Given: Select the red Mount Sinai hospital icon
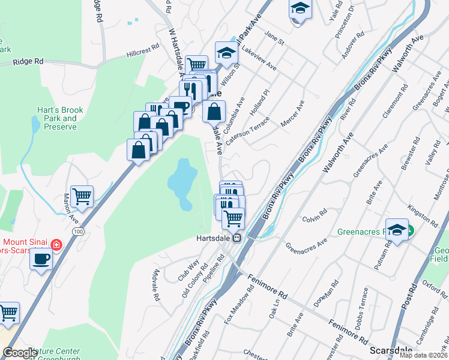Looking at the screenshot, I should (56, 245).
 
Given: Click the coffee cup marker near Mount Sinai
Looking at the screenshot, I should (41, 259).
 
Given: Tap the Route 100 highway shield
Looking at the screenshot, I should (77, 230).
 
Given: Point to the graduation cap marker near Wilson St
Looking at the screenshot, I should (226, 53).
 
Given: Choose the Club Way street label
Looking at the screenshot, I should (188, 271).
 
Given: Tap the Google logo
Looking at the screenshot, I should (20, 353).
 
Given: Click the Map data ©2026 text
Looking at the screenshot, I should (423, 355).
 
